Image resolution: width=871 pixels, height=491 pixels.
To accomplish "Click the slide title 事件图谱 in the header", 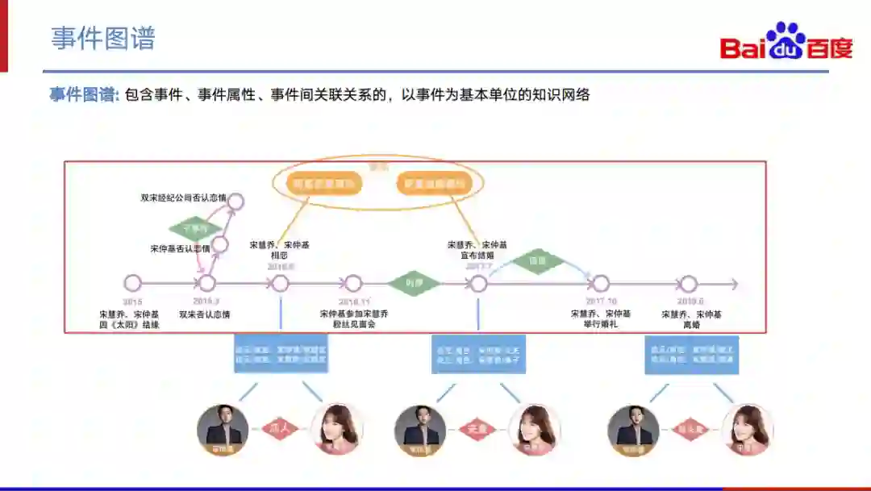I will click(x=102, y=38).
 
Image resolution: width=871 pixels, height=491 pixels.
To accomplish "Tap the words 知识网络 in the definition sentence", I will click(x=564, y=95).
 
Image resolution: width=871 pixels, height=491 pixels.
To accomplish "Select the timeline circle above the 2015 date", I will click(x=133, y=284).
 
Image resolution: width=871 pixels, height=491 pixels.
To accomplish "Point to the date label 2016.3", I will click(x=206, y=301).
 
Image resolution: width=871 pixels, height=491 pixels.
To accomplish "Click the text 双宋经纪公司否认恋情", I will click(x=183, y=197).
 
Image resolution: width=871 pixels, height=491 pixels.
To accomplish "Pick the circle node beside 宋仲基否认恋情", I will click(x=220, y=243).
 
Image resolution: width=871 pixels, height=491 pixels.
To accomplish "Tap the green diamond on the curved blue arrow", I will click(x=538, y=261).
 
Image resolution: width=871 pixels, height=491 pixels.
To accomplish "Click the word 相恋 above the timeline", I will click(x=279, y=256).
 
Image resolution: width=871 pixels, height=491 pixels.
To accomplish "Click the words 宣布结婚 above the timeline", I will click(x=477, y=256).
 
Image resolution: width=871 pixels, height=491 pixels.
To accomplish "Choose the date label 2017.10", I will click(x=601, y=301).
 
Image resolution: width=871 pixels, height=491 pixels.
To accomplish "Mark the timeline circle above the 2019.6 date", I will click(x=688, y=284).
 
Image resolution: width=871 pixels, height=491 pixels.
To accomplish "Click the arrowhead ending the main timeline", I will click(x=733, y=284).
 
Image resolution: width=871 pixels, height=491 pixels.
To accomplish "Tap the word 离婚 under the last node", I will click(x=691, y=325).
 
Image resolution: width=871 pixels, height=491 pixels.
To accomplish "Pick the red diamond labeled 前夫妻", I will click(x=691, y=429).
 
